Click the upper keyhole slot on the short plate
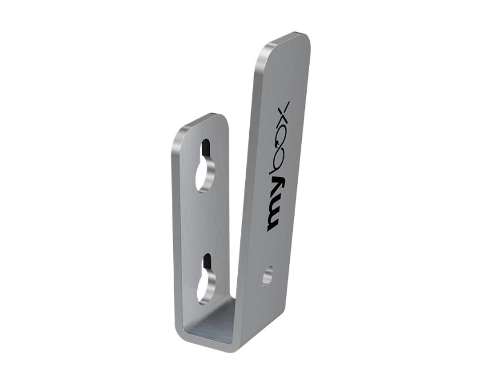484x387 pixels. point(206,167)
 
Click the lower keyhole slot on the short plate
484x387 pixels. point(206,279)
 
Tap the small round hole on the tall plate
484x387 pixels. point(267,276)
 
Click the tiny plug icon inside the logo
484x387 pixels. point(279,143)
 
